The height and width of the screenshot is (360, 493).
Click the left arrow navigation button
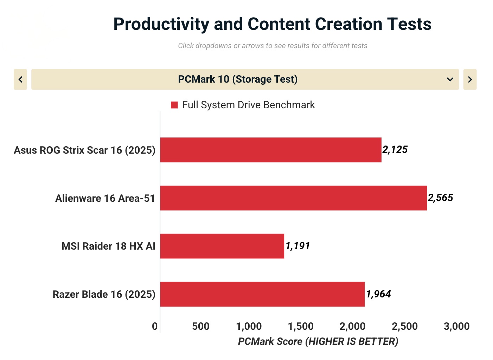(20, 79)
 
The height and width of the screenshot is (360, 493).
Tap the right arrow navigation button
(470, 79)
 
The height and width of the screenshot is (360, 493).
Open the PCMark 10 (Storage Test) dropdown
(245, 79)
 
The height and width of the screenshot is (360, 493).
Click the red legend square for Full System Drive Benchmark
(174, 105)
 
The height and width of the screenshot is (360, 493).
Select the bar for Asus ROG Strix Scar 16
(270, 150)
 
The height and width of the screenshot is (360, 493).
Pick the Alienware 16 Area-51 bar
(293, 198)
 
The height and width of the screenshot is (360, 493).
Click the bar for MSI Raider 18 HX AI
(222, 246)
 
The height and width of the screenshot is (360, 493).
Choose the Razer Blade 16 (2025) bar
(262, 294)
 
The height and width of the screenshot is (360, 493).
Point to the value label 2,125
(395, 150)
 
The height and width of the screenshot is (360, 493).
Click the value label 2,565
(440, 198)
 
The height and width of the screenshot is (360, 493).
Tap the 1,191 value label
(297, 246)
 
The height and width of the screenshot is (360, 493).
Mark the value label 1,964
(378, 294)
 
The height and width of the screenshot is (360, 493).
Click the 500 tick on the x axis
(201, 327)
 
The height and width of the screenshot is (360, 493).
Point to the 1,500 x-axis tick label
(301, 327)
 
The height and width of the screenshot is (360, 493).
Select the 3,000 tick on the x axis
(456, 327)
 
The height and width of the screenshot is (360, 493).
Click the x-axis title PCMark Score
(318, 341)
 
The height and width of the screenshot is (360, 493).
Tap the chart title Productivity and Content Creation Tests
(272, 24)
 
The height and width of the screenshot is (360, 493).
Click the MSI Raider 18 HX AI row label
(108, 246)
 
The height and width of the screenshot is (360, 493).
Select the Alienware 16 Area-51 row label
(105, 198)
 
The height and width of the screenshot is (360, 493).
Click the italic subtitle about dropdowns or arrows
(273, 46)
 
